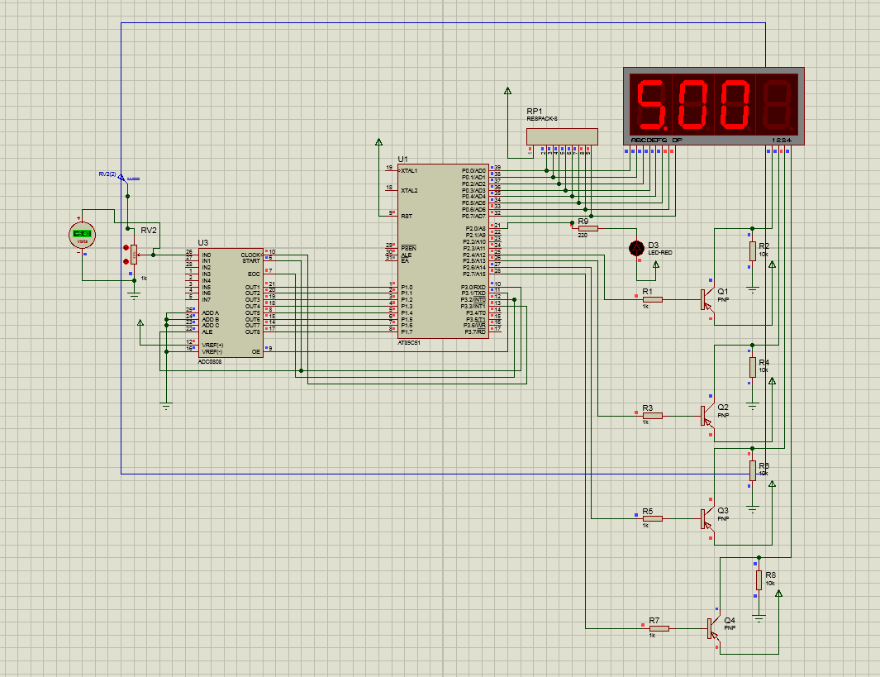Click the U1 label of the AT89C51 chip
pos(402,159)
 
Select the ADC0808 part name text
pos(209,361)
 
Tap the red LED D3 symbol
pos(636,247)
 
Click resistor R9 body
pos(587,227)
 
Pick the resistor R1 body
pos(652,299)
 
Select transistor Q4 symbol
pos(711,628)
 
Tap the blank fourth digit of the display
pos(778,103)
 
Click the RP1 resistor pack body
pos(562,136)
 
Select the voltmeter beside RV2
pos(82,234)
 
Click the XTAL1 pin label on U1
pos(409,170)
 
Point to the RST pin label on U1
pos(405,216)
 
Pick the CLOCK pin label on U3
pos(250,255)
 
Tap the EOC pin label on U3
pos(254,274)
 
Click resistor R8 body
pos(759,579)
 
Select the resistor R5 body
pos(652,519)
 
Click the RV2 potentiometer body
pos(134,255)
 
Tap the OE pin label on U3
pos(256,351)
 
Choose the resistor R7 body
pos(659,628)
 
